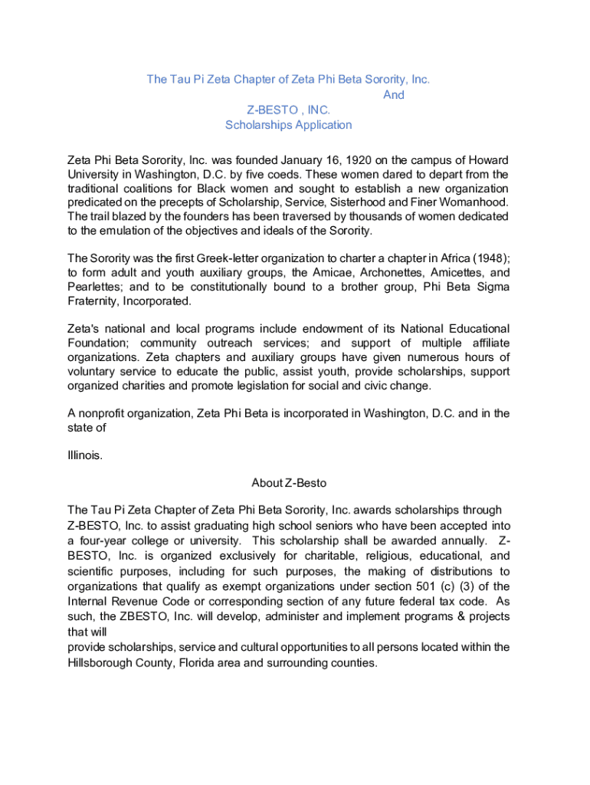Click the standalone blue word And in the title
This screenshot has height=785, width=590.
click(393, 95)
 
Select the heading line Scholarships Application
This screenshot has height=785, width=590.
click(288, 125)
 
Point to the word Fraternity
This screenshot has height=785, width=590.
click(93, 301)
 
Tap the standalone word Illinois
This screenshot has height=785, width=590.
click(84, 455)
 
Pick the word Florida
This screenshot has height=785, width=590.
click(197, 662)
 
